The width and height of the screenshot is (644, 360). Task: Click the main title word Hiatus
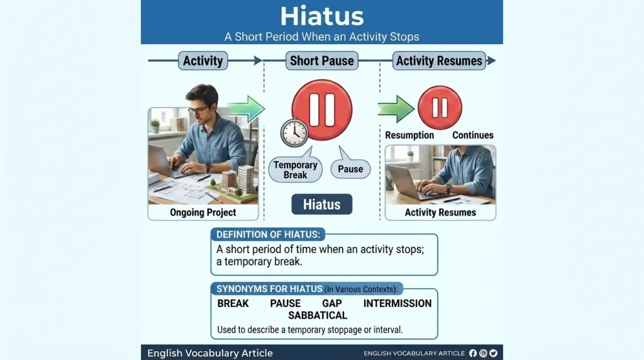(322, 16)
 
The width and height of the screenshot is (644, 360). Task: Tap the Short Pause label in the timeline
(322, 61)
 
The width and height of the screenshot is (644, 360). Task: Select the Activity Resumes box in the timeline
(439, 61)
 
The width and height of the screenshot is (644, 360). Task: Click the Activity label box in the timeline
(203, 61)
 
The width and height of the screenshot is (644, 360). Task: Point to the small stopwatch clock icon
(294, 133)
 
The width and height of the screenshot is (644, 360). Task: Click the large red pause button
(322, 110)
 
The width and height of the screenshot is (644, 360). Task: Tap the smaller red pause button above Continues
(440, 108)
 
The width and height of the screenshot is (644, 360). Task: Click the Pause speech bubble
(350, 167)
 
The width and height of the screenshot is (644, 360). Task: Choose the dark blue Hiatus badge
(322, 205)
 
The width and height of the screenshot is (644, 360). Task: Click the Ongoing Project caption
(203, 213)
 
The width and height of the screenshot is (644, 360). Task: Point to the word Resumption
(409, 135)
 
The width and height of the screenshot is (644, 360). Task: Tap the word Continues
(473, 135)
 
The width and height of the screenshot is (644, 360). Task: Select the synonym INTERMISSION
(397, 303)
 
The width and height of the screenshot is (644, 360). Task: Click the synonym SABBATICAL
(318, 315)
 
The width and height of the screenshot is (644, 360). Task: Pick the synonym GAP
(332, 303)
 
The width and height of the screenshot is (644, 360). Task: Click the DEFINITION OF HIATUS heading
(268, 235)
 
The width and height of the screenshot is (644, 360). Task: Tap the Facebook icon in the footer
(473, 353)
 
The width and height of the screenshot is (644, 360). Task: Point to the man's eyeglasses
(199, 110)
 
